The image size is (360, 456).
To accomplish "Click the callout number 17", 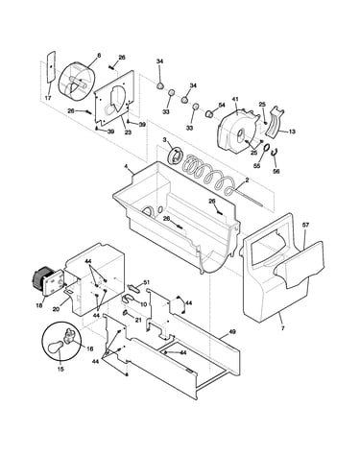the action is pyautogui.click(x=48, y=98).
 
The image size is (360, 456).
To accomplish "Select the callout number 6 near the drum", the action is pyautogui.click(x=99, y=56).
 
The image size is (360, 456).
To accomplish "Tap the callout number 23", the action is pyautogui.click(x=128, y=132).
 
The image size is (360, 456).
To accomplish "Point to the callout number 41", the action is pyautogui.click(x=235, y=100).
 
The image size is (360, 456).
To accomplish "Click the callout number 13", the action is pyautogui.click(x=292, y=132).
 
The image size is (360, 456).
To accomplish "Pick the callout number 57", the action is pyautogui.click(x=305, y=225).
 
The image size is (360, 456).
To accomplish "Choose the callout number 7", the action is pyautogui.click(x=283, y=328).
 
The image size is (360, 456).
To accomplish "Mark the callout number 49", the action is pyautogui.click(x=232, y=332).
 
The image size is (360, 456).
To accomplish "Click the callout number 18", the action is pyautogui.click(x=39, y=305).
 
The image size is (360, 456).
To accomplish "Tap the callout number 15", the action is pyautogui.click(x=60, y=369).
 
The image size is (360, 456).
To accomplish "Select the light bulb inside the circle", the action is pyautogui.click(x=55, y=347).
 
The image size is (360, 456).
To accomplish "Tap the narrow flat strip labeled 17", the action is pyautogui.click(x=51, y=67).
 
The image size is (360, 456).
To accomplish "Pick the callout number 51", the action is pyautogui.click(x=146, y=282).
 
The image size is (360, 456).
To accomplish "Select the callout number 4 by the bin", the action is pyautogui.click(x=126, y=166).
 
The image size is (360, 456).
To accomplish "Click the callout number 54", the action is pyautogui.click(x=222, y=105).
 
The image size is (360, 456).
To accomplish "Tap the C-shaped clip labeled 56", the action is pyautogui.click(x=275, y=154).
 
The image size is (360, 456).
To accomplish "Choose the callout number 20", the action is pyautogui.click(x=56, y=309).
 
